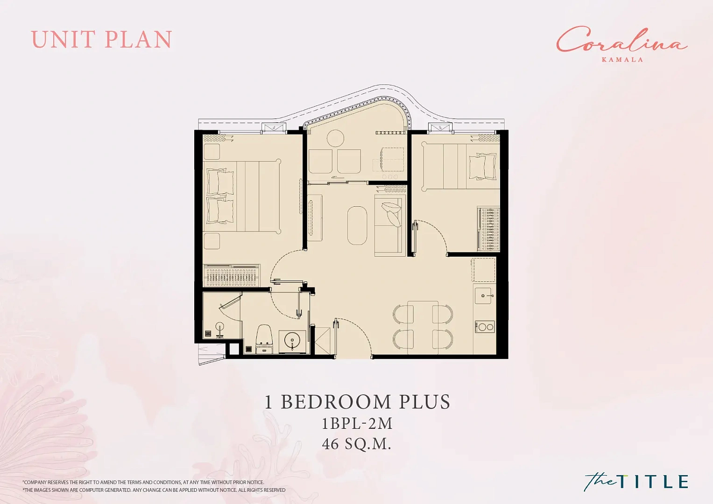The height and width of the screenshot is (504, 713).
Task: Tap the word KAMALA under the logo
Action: click(623, 59)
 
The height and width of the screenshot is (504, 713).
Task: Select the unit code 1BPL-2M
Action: click(357, 424)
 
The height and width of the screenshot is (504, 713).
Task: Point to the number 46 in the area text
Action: click(330, 444)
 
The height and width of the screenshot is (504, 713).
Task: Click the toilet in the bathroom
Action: click(264, 339)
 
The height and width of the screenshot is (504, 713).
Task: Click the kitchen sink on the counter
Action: click(485, 295)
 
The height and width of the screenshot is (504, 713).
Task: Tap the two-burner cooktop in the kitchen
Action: click(485, 327)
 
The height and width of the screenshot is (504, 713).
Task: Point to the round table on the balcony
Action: click(335, 139)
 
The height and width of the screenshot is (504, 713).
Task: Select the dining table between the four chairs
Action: click(423, 328)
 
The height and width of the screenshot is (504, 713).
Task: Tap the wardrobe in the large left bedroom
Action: click(232, 275)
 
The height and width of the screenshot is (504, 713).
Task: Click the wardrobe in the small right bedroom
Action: click(488, 229)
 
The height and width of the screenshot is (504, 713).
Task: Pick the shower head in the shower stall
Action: click(219, 329)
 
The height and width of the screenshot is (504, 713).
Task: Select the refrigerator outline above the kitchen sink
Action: click(483, 270)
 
